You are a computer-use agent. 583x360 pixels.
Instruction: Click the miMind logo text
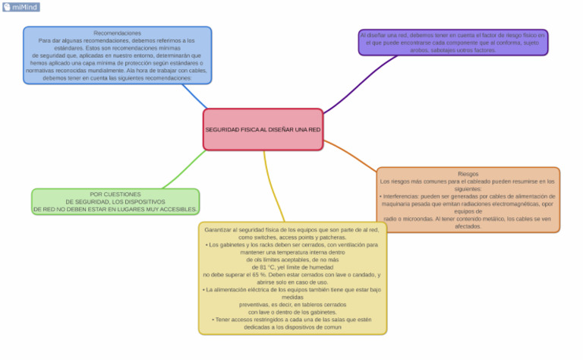click(x=25, y=7)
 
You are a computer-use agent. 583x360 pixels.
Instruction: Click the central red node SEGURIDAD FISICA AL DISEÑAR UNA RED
click(x=263, y=130)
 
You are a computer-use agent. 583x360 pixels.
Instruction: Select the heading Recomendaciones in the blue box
click(x=117, y=33)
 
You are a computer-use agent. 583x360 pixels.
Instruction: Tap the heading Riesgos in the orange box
click(x=468, y=174)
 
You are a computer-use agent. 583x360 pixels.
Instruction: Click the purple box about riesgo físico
click(x=452, y=43)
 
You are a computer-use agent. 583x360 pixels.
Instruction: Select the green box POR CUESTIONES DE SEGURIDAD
click(x=115, y=201)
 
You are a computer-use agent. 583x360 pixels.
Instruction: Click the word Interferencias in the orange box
click(x=406, y=197)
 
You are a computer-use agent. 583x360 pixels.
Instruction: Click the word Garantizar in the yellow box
click(x=218, y=229)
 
